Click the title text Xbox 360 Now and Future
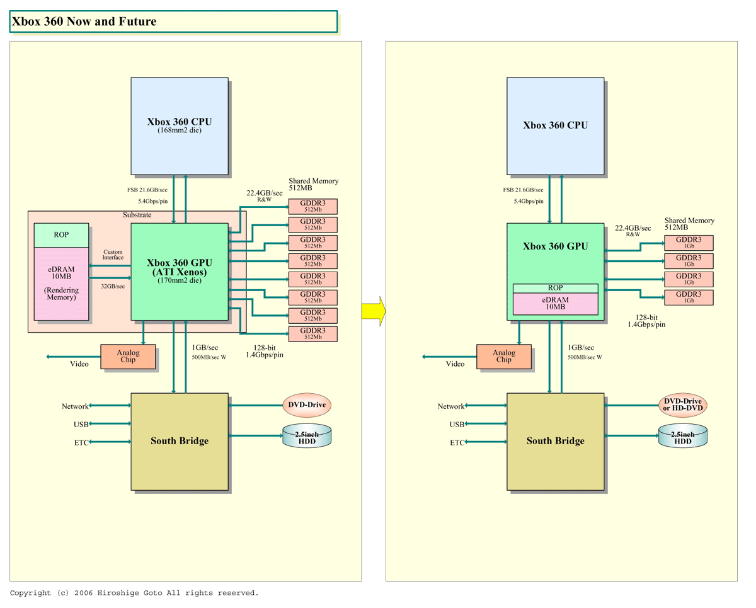tap(84, 21)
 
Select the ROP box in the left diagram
tap(61, 235)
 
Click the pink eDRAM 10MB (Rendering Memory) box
tap(61, 284)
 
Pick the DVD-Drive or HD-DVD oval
tap(683, 404)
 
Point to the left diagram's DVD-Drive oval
tap(307, 404)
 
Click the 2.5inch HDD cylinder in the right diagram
tap(683, 436)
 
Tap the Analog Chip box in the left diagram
tap(128, 357)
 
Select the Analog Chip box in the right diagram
tap(504, 357)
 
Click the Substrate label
tap(137, 215)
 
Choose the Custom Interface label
tap(113, 255)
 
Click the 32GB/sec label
tap(113, 286)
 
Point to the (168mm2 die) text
tap(180, 131)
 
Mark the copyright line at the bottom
tap(134, 593)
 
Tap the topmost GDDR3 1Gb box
tap(689, 243)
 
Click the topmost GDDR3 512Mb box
tap(312, 206)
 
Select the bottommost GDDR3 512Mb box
tap(312, 334)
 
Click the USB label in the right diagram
tap(457, 425)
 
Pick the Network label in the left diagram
tap(75, 406)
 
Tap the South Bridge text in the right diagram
tap(555, 441)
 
